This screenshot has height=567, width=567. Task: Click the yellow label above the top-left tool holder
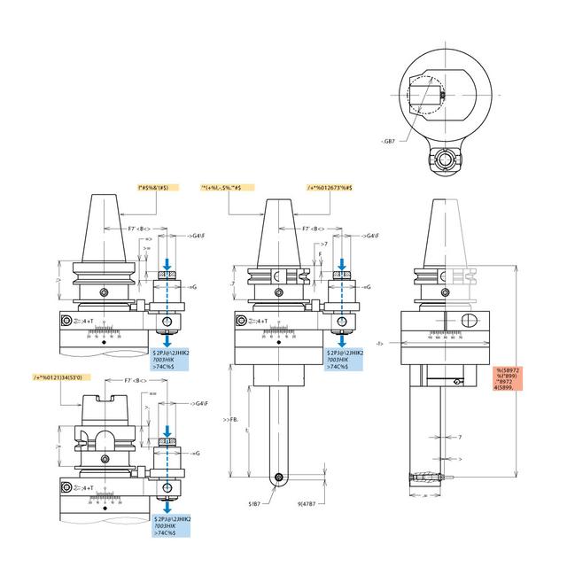click(x=159, y=187)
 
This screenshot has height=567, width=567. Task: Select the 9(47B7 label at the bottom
click(x=302, y=502)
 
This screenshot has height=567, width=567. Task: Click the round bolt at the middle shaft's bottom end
click(x=281, y=478)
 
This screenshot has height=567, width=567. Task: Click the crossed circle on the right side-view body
click(x=470, y=320)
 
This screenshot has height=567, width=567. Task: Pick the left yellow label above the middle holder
click(x=228, y=187)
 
